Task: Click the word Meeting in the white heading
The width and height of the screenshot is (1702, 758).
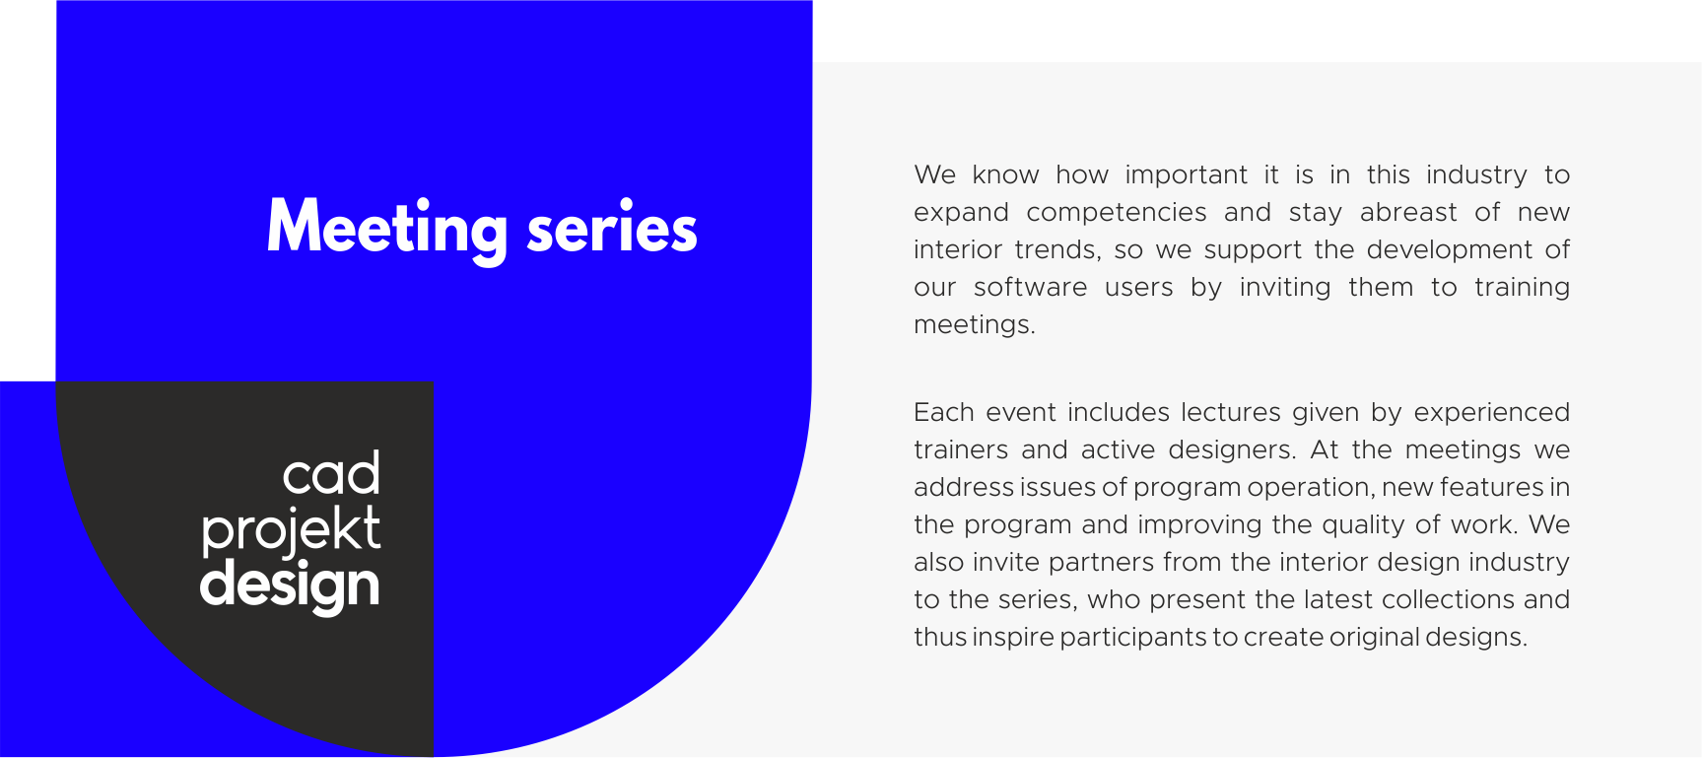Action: [387, 230]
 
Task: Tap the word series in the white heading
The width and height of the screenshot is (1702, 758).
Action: [612, 230]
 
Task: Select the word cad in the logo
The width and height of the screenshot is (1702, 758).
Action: [331, 475]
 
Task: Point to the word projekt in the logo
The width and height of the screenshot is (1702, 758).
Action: [291, 531]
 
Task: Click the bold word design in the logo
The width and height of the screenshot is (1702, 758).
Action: [290, 586]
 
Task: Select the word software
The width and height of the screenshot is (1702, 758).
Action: [1031, 288]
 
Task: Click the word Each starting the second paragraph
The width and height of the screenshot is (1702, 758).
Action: [943, 412]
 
